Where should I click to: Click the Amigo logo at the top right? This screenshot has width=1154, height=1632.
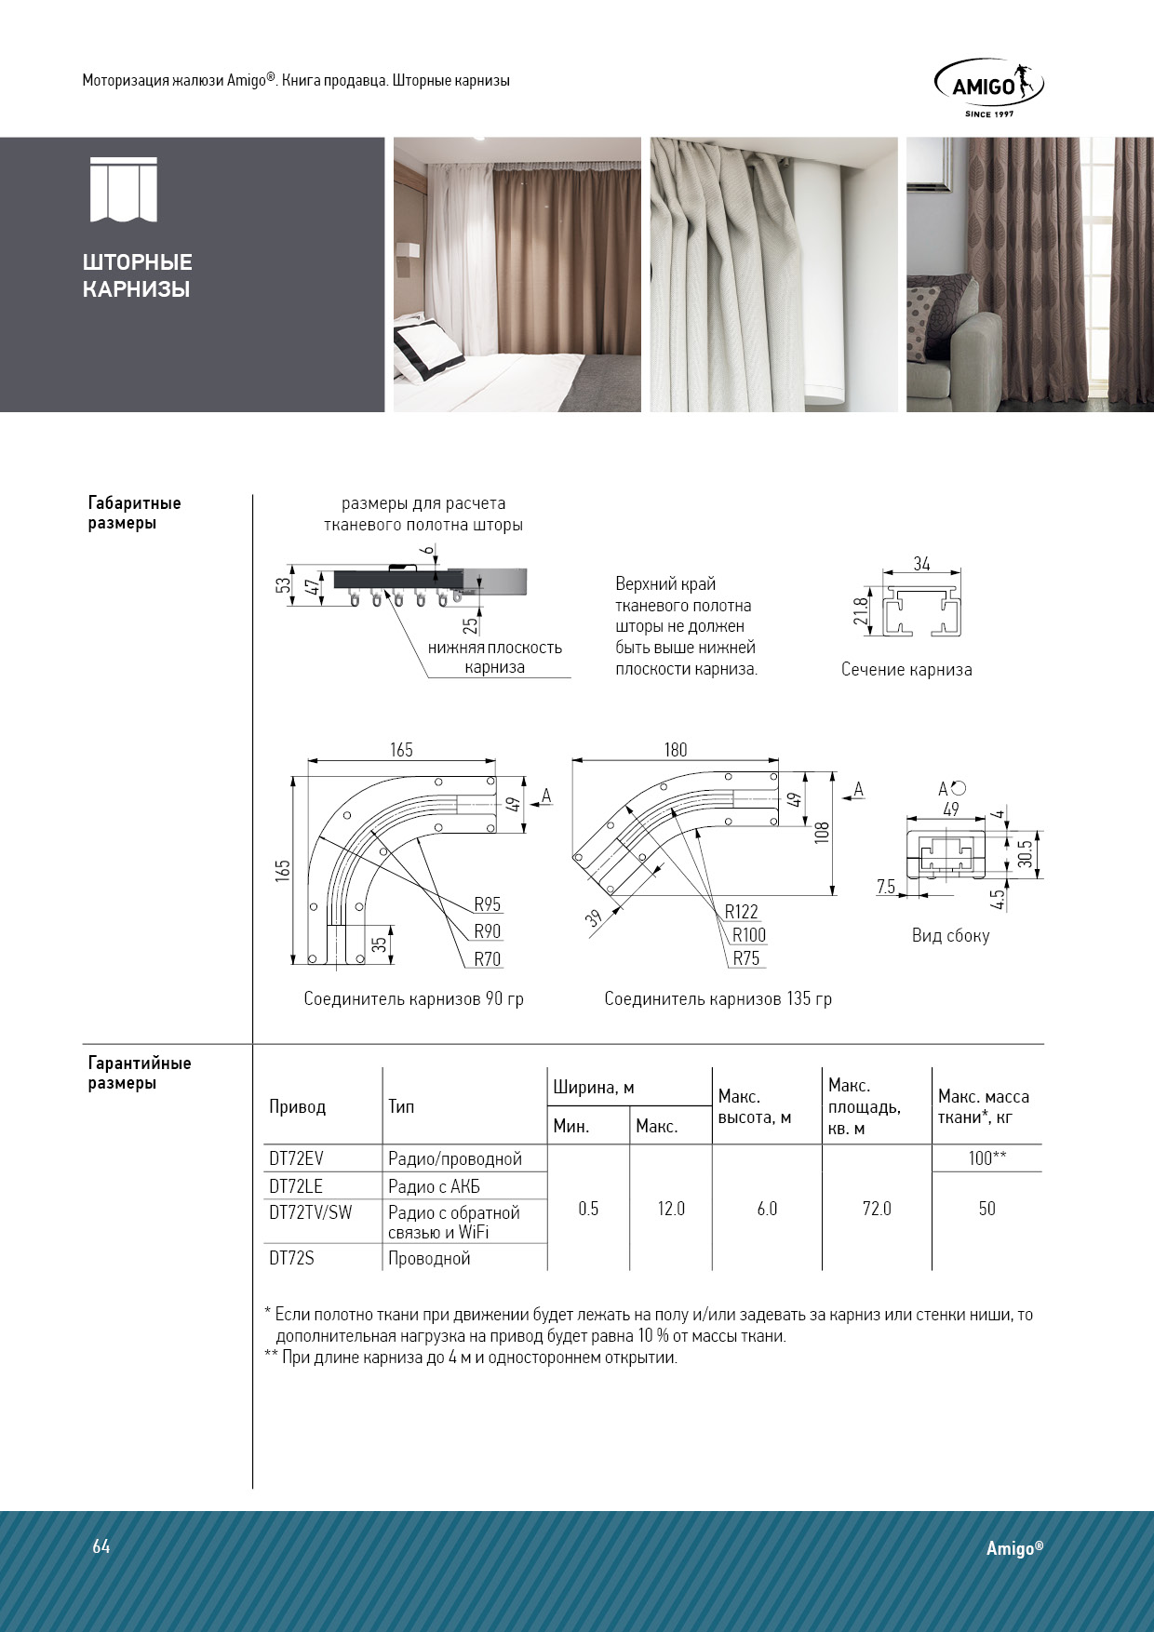click(988, 87)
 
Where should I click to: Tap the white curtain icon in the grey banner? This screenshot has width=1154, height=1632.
click(123, 191)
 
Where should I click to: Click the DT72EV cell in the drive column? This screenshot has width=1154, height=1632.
click(297, 1158)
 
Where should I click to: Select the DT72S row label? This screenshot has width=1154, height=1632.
click(292, 1258)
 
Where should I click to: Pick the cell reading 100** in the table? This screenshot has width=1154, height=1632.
click(986, 1158)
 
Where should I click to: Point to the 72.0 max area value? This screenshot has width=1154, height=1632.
click(877, 1209)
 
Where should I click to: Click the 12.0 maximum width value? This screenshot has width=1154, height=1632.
click(671, 1209)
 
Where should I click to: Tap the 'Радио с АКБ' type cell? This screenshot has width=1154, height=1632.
click(435, 1186)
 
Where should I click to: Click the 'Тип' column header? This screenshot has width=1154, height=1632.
click(401, 1106)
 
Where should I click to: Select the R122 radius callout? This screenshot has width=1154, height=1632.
click(742, 912)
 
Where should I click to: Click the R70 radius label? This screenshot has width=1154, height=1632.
click(487, 959)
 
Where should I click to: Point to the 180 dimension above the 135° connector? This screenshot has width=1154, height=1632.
click(676, 750)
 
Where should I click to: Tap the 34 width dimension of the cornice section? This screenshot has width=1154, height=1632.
click(921, 564)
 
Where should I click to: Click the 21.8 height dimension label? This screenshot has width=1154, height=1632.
click(861, 611)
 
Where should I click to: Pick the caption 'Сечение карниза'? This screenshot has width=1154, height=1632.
click(906, 670)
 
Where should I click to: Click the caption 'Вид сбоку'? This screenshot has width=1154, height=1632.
click(950, 936)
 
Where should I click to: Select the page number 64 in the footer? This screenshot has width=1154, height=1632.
click(101, 1546)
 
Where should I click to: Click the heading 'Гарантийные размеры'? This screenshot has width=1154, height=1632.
click(140, 1073)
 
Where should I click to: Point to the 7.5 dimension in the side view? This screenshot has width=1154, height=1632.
click(885, 887)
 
